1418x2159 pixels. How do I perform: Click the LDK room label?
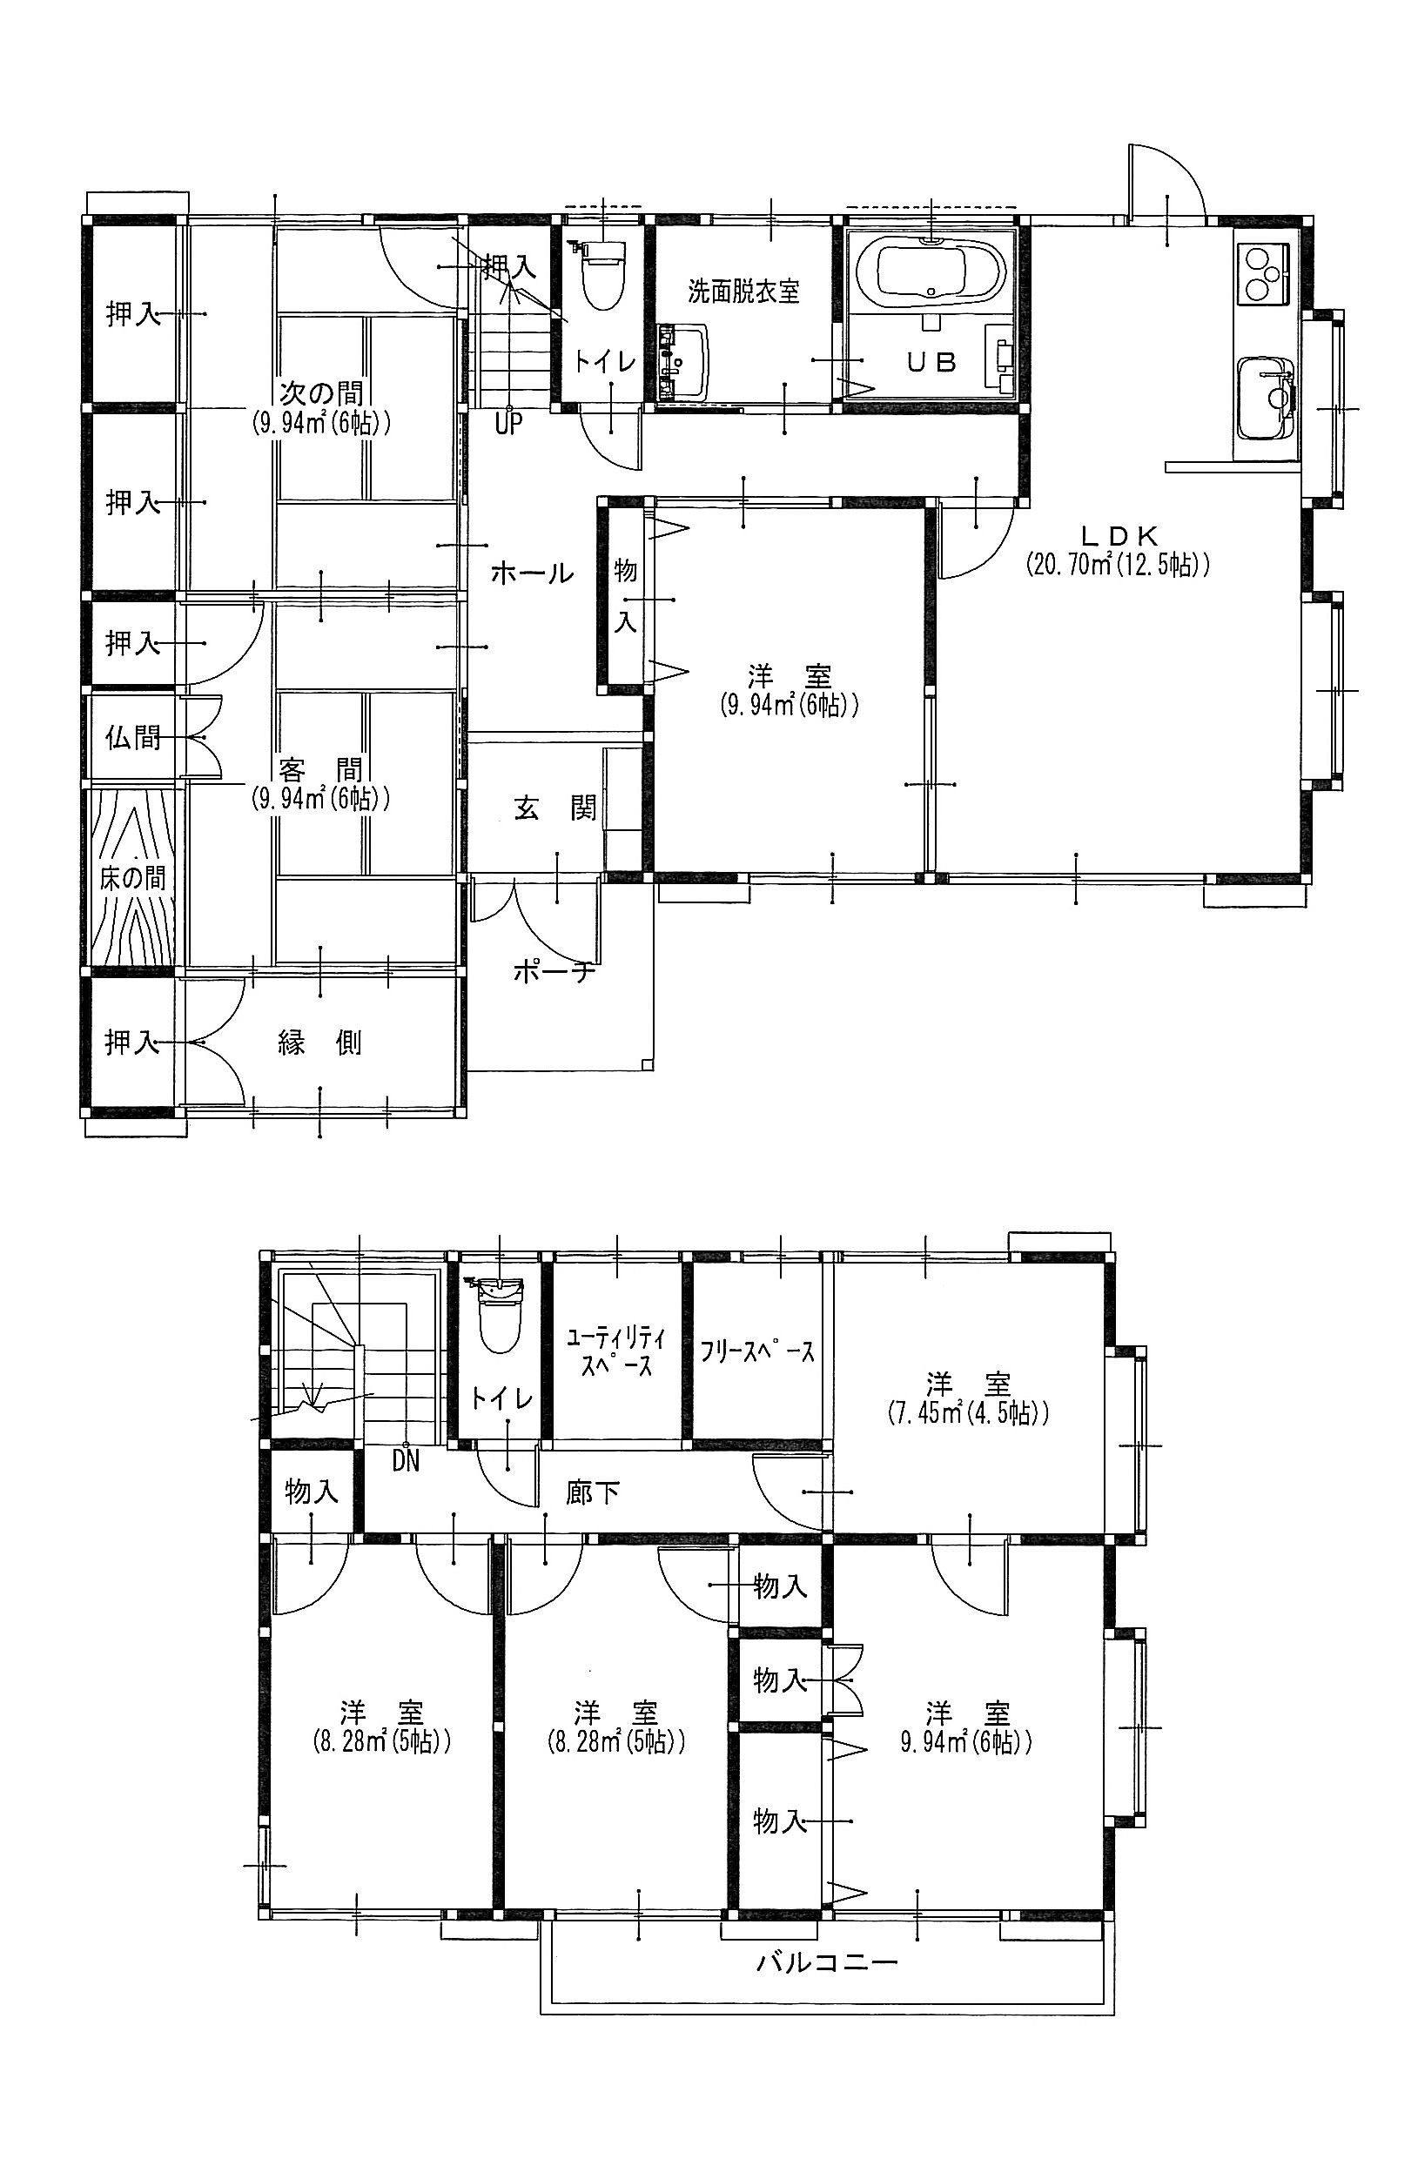[1118, 536]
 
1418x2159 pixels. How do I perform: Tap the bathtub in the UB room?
[940, 268]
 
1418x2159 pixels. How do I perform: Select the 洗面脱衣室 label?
[743, 292]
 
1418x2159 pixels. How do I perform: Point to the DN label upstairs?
[407, 1461]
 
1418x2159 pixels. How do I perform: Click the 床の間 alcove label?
[132, 877]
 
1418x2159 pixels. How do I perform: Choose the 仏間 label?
[133, 738]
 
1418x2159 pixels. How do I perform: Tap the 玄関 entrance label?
[555, 808]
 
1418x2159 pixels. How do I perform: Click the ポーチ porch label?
[554, 972]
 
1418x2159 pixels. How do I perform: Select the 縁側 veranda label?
[319, 1043]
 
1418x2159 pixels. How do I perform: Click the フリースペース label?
[756, 1351]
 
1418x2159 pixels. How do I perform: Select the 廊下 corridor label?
[594, 1492]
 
